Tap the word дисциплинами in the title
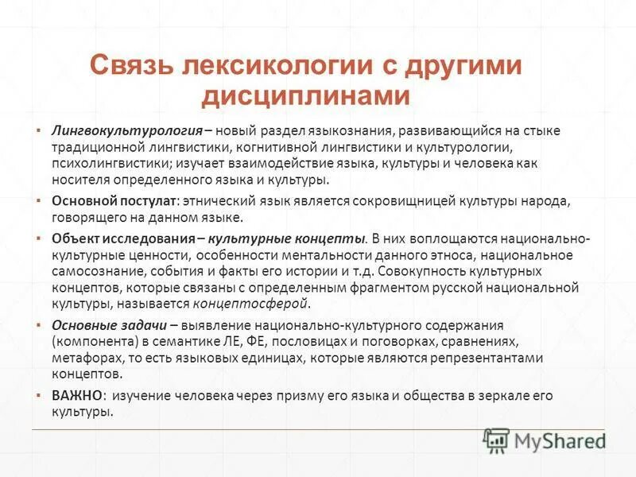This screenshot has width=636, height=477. pos(305,95)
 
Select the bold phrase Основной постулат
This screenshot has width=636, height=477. pos(113,201)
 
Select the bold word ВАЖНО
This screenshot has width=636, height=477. pos(77,395)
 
